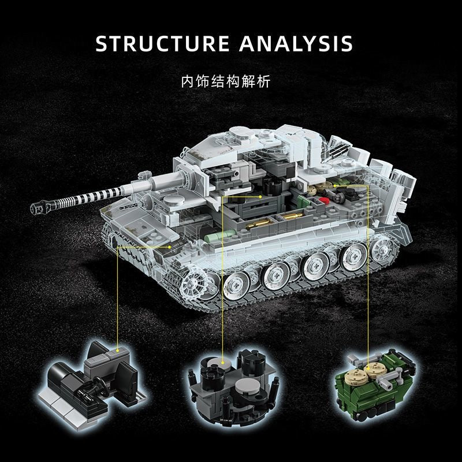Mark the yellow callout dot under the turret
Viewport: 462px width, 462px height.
click(261, 197)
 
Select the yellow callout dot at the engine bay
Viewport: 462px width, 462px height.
click(366, 187)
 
